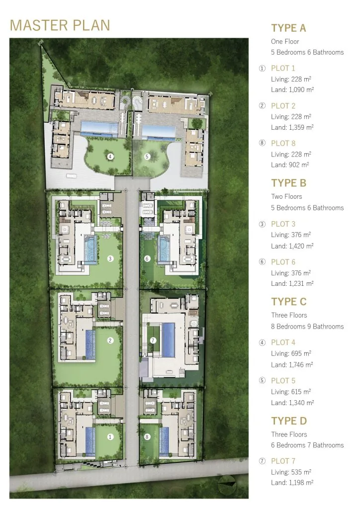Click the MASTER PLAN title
60,25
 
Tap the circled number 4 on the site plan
110,157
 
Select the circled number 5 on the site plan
147,157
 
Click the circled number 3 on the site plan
110,258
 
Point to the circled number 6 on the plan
147,258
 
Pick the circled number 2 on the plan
110,340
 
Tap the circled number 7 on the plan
153,340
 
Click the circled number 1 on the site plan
110,437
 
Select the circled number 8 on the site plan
147,437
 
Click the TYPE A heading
288,28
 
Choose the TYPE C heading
289,302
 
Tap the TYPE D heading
289,421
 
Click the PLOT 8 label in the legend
283,143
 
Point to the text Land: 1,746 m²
292,364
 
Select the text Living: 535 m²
291,472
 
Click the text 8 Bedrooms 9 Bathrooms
307,326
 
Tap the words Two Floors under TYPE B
286,196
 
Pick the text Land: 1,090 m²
292,89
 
